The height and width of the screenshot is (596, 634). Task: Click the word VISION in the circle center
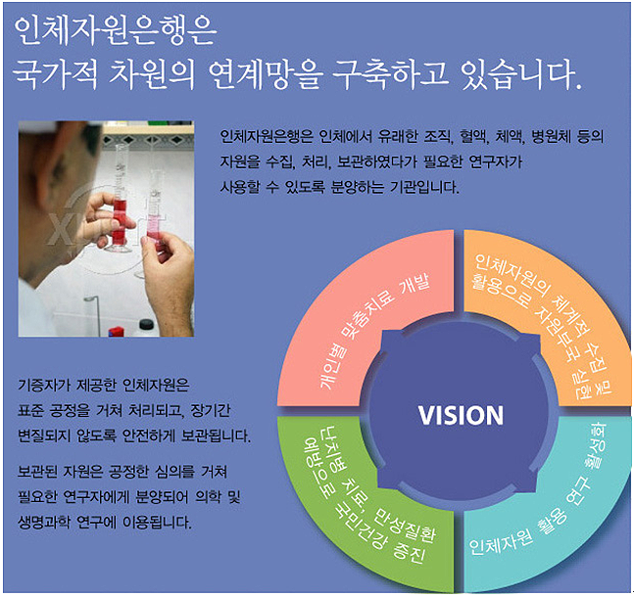(x=461, y=415)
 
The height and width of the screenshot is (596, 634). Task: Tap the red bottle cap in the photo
(x=116, y=331)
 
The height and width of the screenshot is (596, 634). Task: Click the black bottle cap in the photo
(x=146, y=324)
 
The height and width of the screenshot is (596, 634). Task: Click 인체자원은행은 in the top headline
(x=116, y=31)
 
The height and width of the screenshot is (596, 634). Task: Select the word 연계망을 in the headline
(x=266, y=74)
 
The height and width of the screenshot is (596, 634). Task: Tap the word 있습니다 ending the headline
(x=517, y=74)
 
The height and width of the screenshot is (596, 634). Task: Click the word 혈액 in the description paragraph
(x=471, y=137)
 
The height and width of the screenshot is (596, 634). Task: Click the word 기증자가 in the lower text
(x=44, y=386)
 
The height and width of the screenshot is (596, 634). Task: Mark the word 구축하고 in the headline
(x=390, y=74)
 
